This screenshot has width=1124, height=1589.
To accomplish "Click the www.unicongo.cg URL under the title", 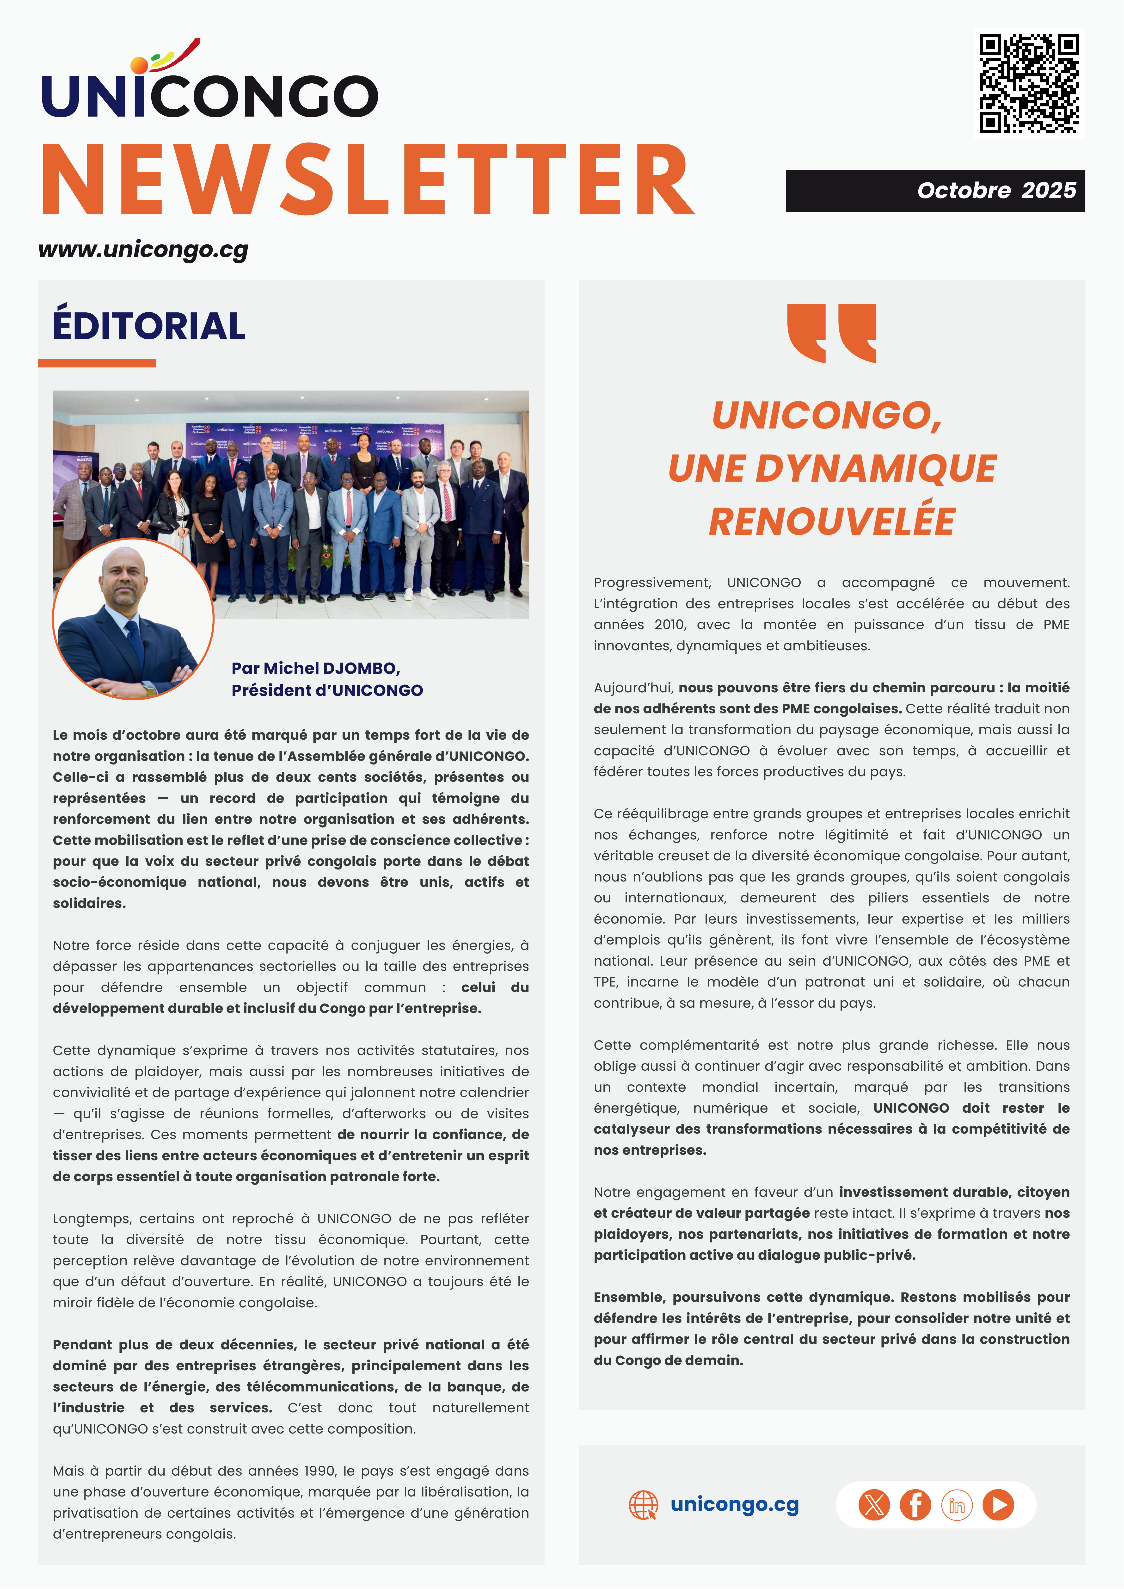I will tap(143, 250).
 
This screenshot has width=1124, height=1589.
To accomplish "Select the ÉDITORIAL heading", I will tap(149, 326).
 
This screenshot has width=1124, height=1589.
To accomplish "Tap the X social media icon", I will tap(874, 1505).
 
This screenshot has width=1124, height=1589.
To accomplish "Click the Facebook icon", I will tap(915, 1505).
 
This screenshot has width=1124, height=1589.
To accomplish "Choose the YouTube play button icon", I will tap(998, 1505).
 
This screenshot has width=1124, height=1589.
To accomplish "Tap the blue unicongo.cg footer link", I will tap(734, 1505).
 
